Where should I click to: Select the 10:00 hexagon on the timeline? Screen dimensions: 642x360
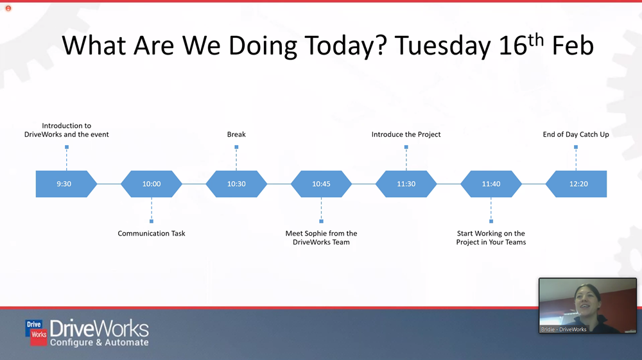point(152,184)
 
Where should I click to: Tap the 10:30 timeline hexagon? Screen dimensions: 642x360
point(236,184)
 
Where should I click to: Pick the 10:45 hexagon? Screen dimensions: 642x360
point(322,184)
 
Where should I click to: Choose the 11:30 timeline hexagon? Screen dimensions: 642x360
point(406,184)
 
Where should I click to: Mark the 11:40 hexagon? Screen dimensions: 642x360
point(491,184)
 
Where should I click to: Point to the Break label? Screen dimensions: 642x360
point(236,134)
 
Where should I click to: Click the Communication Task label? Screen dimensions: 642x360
point(152,233)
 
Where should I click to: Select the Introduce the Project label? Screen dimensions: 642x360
point(406,134)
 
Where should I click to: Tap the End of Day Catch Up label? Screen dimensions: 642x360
point(576,134)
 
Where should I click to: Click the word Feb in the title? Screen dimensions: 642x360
point(573,45)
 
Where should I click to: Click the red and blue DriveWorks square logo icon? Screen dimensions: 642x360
point(37,332)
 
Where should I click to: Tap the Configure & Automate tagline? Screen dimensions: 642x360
point(99,343)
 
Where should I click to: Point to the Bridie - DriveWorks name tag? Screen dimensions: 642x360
point(564,329)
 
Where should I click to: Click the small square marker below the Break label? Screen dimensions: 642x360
point(236,147)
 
